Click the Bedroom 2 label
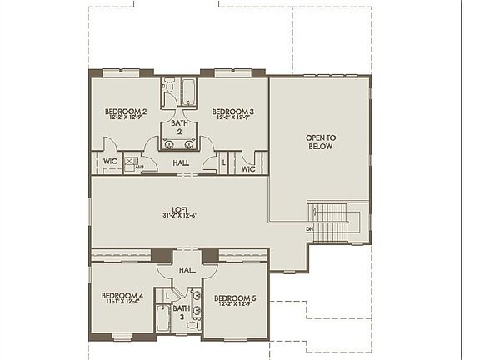coord(125,111)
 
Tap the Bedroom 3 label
coord(232,111)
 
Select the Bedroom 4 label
coord(122,295)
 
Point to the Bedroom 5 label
coord(235,297)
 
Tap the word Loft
coord(179,208)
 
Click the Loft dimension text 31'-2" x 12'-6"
coord(179,216)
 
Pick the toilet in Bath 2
coord(167,87)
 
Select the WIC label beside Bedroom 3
coord(247,169)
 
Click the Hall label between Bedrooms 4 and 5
coord(187,269)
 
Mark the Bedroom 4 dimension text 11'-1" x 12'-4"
coord(122,302)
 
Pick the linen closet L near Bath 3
coord(168,294)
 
